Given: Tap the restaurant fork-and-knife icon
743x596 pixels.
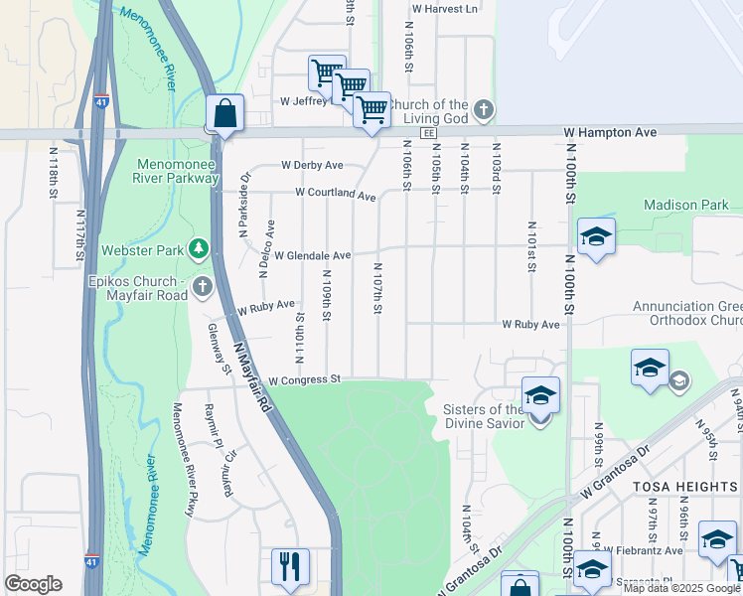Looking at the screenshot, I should coord(290,566).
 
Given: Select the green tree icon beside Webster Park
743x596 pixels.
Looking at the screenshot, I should coord(200,247).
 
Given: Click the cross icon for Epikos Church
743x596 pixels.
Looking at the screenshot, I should coord(203,288).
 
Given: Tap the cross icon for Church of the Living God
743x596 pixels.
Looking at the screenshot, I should coord(483,110).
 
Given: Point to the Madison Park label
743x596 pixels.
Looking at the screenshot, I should coord(686,205).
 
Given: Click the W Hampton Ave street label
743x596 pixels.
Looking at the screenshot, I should coord(610,131).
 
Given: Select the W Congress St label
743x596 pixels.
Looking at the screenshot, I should coord(304,379).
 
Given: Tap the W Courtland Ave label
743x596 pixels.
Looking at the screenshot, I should coord(335,194).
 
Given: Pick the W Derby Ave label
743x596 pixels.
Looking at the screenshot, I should coord(312,165).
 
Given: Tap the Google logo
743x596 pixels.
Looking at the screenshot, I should coord(33,584).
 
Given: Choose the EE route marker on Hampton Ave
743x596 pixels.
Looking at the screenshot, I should coord(428,132).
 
